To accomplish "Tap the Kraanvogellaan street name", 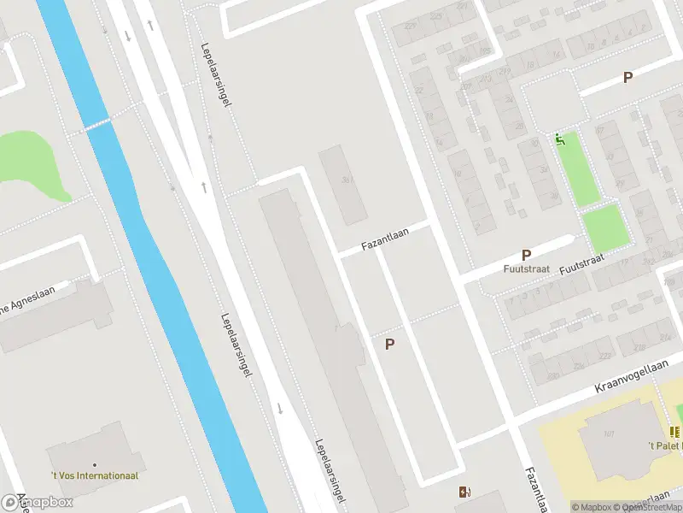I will pyautogui.click(x=632, y=377).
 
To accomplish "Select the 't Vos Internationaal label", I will pyautogui.click(x=94, y=475).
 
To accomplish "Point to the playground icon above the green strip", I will pyautogui.click(x=560, y=139).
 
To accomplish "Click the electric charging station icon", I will pyautogui.click(x=464, y=492).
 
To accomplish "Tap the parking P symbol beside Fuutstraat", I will pyautogui.click(x=527, y=255).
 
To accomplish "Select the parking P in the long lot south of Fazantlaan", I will pyautogui.click(x=390, y=345).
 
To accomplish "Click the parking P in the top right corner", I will pyautogui.click(x=628, y=78).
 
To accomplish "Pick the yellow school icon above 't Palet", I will pyautogui.click(x=674, y=433).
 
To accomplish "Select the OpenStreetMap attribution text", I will pyautogui.click(x=653, y=507).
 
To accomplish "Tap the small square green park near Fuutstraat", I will pyautogui.click(x=604, y=228).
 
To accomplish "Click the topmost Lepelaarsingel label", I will pyautogui.click(x=218, y=75).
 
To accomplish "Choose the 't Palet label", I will pyautogui.click(x=664, y=446).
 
